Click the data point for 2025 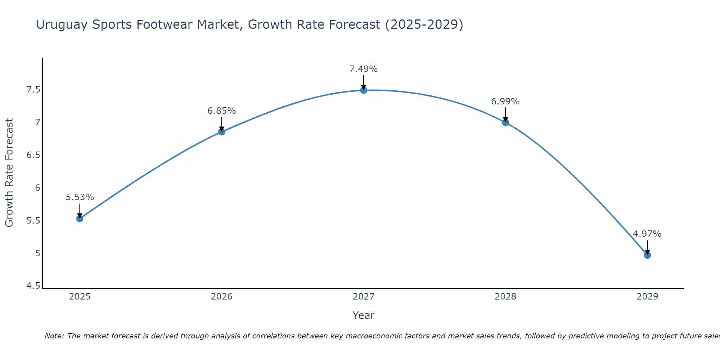[80, 219]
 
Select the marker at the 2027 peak [364, 90]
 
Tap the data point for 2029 [647, 255]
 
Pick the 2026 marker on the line [222, 132]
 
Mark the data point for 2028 [505, 122]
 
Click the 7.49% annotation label [364, 69]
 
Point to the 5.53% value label [80, 197]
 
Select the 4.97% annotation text [647, 234]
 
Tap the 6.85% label [222, 111]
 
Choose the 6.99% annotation [505, 102]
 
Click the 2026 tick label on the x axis [222, 297]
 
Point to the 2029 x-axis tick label [647, 297]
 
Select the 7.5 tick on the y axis [33, 90]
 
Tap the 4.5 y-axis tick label [33, 286]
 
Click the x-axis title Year [364, 315]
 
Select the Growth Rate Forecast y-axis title [9, 173]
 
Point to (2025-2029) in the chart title [424, 24]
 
